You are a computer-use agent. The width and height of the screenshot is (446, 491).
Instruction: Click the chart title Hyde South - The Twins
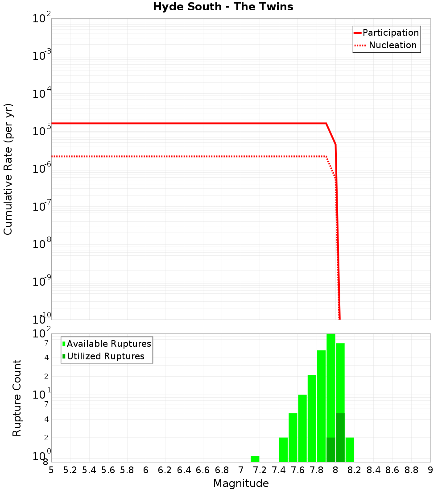pos(223,7)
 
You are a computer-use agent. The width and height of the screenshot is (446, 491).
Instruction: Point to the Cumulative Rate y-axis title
pos(8,169)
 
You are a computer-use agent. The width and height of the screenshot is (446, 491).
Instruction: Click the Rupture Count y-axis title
pos(17,398)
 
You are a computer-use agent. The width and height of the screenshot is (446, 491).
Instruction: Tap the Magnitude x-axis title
pos(241,483)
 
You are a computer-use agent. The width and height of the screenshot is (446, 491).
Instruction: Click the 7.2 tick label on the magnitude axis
pos(260,470)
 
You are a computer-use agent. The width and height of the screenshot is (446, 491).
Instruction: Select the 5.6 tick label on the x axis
pos(108,470)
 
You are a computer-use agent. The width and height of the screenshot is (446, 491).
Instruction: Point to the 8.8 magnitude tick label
pos(411,470)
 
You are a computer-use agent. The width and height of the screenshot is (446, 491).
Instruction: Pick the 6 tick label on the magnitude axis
pos(146,470)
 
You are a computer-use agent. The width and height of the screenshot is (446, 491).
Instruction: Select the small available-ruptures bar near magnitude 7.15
pos(255,459)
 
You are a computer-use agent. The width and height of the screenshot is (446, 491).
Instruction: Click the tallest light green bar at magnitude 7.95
pos(331,384)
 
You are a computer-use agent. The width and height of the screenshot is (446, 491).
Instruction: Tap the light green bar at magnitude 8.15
pos(350,449)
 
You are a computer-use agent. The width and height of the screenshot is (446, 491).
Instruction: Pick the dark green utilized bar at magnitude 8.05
pos(340,437)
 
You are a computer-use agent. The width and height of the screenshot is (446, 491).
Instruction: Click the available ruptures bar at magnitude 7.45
pos(284,449)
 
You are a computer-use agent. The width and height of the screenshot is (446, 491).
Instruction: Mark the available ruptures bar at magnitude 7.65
pos(302,428)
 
